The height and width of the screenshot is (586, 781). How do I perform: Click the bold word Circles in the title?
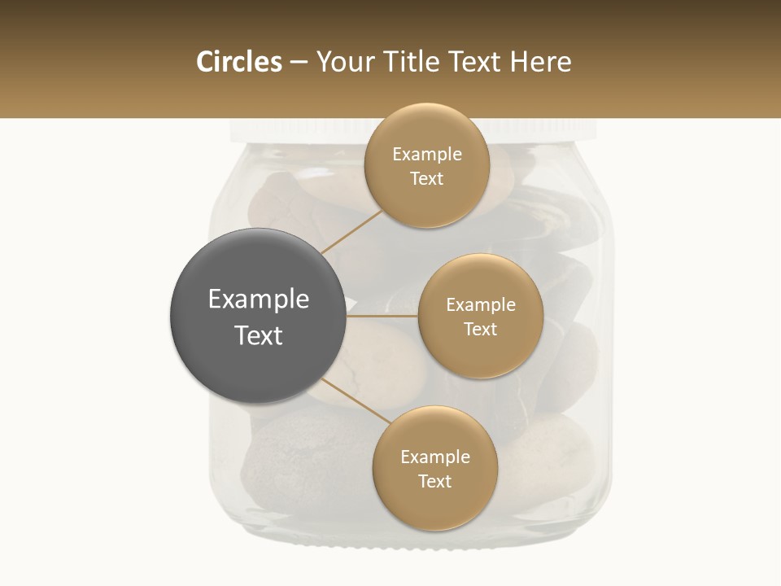click(239, 62)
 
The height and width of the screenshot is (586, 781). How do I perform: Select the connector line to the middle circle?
click(382, 316)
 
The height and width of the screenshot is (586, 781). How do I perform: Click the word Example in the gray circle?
click(258, 300)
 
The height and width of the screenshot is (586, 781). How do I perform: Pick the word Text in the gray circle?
click(258, 335)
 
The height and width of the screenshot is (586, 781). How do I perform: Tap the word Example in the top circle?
click(426, 155)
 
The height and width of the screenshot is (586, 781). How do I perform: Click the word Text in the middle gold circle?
click(480, 329)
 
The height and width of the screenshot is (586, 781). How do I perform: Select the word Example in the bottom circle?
click(434, 457)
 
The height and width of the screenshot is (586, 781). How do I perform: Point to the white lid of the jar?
click(293, 130)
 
